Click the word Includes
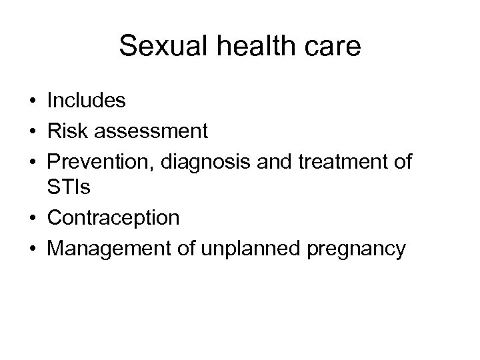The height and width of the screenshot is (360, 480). pos(86,101)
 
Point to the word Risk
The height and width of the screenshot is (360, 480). pos(69,131)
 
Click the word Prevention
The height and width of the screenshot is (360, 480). pos(95,161)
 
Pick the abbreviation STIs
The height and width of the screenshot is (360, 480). pos(69,188)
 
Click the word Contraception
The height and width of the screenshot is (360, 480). pos(113,218)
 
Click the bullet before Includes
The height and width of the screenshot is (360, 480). pos(32,101)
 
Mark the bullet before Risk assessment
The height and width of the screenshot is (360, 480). pos(32,131)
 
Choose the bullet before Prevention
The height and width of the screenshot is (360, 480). pos(32,161)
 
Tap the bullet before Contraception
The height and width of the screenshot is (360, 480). pos(32,219)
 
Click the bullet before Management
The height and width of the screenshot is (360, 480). pos(32,249)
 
